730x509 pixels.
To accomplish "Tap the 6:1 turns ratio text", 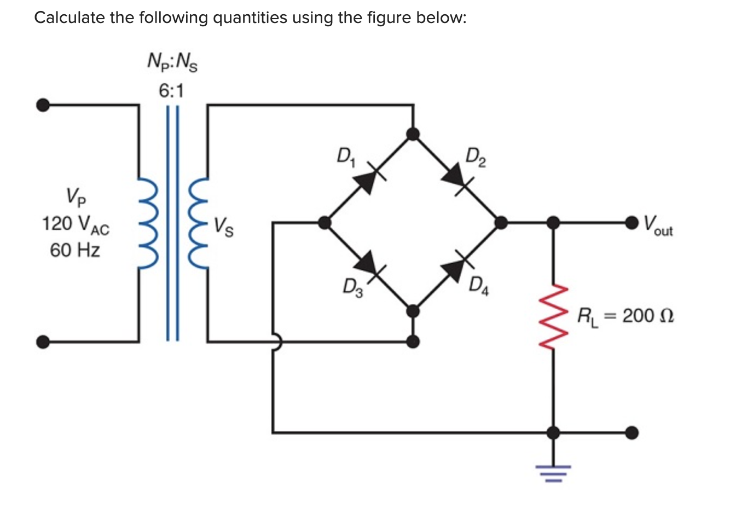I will point(171,91).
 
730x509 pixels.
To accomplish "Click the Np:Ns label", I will point(172,62).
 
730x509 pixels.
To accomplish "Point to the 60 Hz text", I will point(75,251).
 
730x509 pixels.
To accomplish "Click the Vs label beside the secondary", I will point(223,225).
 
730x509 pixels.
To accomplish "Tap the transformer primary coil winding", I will point(147,223).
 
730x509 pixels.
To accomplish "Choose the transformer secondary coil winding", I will point(199,223).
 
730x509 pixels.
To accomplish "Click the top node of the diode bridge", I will point(414,134).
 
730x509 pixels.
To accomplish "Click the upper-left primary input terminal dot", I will point(42,105).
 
